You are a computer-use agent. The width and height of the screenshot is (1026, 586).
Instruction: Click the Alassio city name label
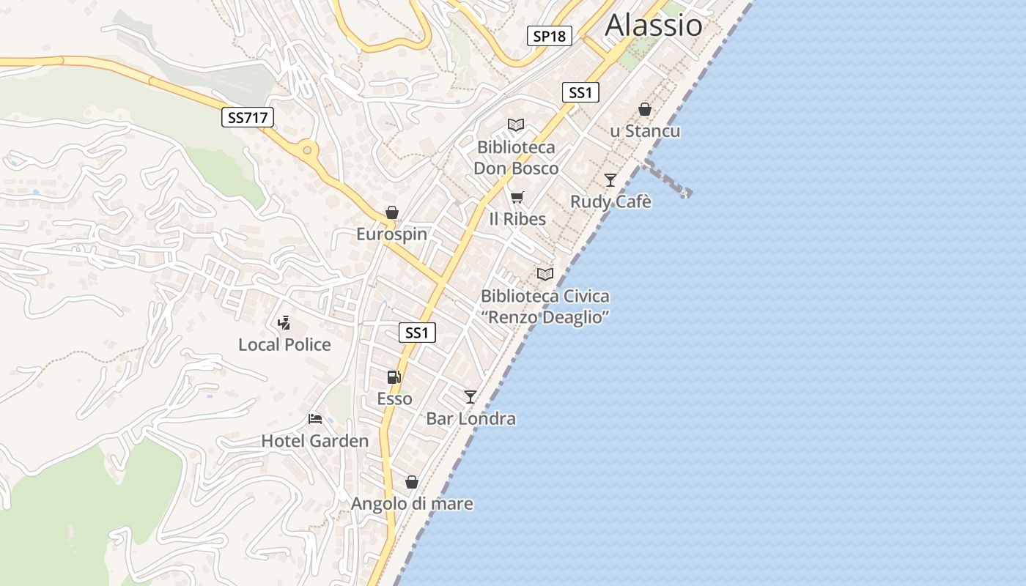click(654, 25)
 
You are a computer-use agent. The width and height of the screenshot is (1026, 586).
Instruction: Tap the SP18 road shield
click(549, 35)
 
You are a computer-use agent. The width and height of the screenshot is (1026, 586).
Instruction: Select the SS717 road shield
click(248, 116)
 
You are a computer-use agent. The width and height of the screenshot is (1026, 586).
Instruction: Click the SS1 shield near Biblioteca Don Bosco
click(580, 92)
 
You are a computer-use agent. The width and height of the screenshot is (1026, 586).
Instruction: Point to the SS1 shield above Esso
click(417, 333)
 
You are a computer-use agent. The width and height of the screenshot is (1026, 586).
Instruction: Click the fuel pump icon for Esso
click(394, 377)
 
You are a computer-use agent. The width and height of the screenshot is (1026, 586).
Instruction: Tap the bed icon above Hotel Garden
click(315, 419)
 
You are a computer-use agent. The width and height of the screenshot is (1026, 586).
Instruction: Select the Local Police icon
click(284, 322)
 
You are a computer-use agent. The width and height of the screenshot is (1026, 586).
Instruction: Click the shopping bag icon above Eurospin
click(392, 212)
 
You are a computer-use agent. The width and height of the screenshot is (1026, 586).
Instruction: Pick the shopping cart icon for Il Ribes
click(517, 197)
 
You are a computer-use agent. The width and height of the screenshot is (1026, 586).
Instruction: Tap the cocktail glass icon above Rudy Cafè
click(610, 179)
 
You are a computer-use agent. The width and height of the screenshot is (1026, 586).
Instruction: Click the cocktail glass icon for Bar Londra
click(470, 397)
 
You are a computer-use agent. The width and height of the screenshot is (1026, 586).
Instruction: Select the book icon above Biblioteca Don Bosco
click(516, 125)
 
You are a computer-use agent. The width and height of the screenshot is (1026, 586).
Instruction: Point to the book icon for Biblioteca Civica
click(545, 274)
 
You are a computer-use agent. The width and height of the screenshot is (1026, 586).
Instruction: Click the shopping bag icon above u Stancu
click(645, 109)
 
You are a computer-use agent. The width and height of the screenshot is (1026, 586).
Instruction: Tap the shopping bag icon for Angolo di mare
click(412, 482)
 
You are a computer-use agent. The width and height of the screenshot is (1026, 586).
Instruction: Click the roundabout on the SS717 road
click(307, 150)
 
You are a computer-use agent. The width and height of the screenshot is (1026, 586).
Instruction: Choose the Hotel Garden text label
click(315, 441)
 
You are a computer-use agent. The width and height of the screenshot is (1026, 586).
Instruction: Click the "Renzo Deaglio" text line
click(545, 317)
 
